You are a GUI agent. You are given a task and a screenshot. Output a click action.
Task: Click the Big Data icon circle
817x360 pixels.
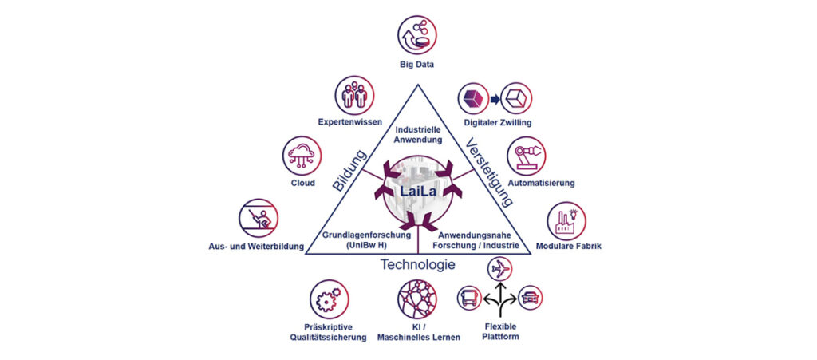click(x=418, y=35)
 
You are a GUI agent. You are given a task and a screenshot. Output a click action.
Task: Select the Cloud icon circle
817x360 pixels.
click(x=303, y=155)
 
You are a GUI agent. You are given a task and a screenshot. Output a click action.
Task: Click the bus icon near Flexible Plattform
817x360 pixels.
click(x=468, y=299)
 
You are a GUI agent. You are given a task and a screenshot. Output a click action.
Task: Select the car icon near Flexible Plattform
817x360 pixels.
click(x=531, y=299)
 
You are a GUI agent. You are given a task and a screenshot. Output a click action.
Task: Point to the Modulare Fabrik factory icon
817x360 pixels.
click(x=566, y=220)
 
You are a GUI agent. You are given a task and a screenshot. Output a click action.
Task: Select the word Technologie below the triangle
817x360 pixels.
click(x=417, y=265)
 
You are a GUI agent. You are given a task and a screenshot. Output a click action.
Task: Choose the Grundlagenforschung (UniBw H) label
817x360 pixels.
click(x=365, y=240)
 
